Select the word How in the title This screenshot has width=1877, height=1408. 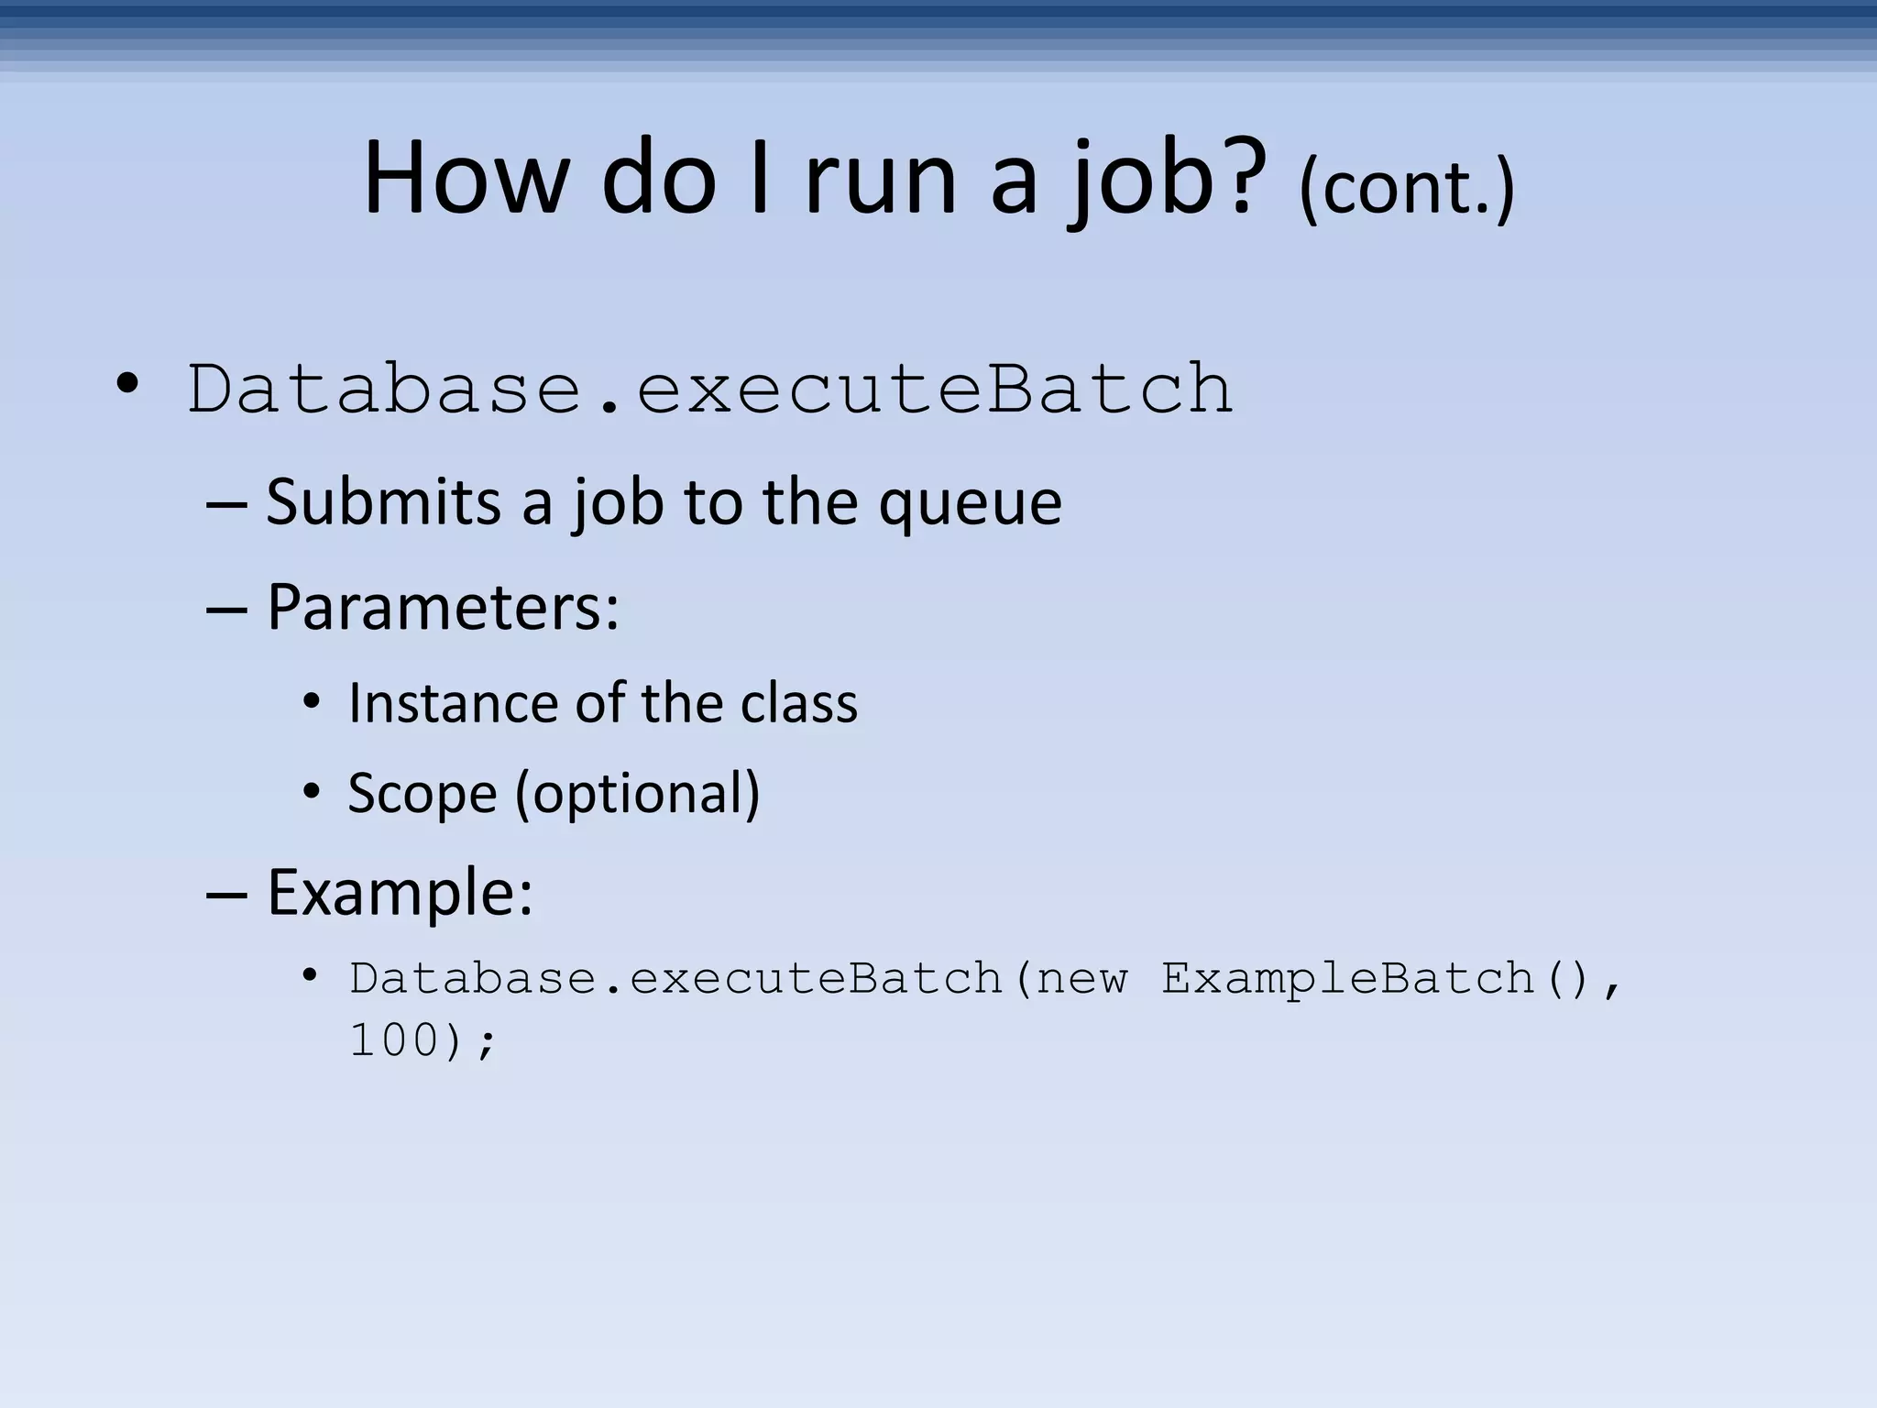[x=466, y=179]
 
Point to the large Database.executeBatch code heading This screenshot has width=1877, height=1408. [x=710, y=390]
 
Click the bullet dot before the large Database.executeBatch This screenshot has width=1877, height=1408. [x=128, y=384]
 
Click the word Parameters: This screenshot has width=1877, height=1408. [x=443, y=608]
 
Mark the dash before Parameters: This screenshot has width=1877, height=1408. [x=225, y=609]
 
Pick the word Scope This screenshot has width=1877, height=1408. [x=422, y=794]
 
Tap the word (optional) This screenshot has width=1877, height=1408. [x=638, y=794]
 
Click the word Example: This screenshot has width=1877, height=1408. [x=400, y=894]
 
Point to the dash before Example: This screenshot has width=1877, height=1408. [x=225, y=894]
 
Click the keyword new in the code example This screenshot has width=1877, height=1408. [x=1081, y=979]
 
